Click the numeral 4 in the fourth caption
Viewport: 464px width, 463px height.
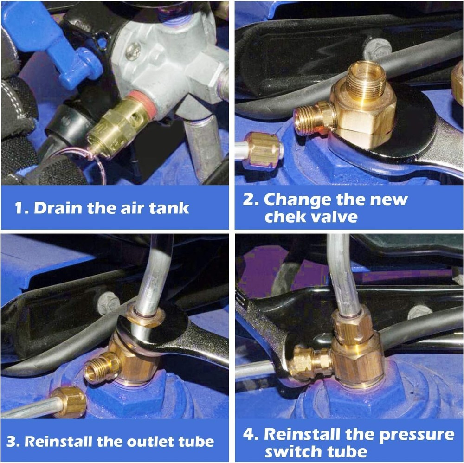point(249,435)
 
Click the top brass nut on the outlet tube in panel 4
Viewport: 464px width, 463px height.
point(352,325)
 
